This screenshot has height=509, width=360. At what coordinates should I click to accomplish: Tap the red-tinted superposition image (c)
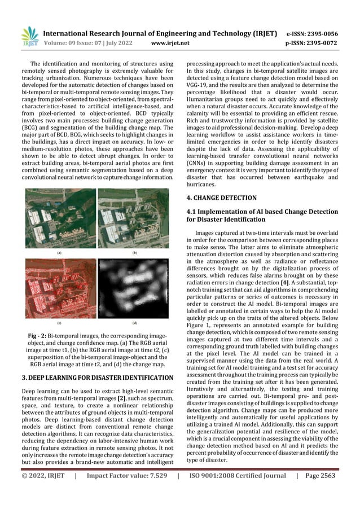(60, 288)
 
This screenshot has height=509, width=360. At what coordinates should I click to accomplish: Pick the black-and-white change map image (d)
(134, 288)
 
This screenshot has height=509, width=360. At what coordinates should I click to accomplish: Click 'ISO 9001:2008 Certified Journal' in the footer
(237, 492)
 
